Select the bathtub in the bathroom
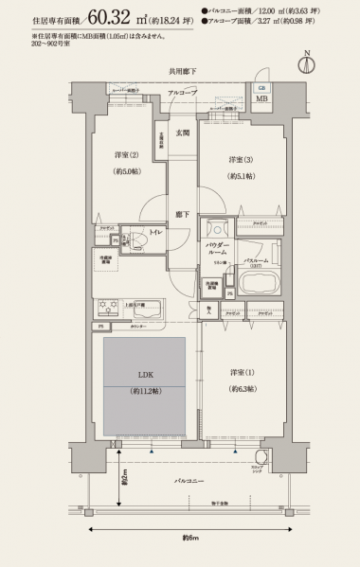coord(258,282)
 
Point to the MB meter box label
coord(261,97)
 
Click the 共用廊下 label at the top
coord(183,72)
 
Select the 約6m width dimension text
coord(190,540)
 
